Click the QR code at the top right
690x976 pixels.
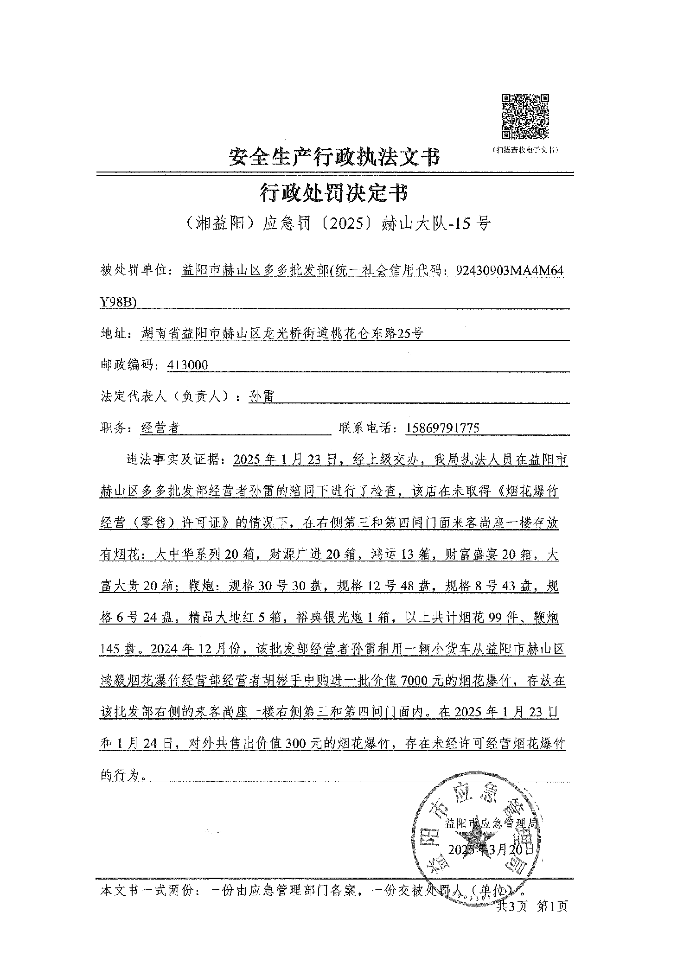pyautogui.click(x=525, y=116)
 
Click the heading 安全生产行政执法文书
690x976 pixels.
pyautogui.click(x=334, y=157)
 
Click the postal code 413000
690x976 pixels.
pyautogui.click(x=188, y=365)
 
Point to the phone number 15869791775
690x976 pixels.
pyautogui.click(x=442, y=427)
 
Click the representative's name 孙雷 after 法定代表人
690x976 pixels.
pyautogui.click(x=262, y=396)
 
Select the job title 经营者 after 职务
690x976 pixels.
pyautogui.click(x=160, y=427)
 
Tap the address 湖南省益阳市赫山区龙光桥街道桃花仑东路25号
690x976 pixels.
pyautogui.click(x=282, y=333)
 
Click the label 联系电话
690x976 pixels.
pyautogui.click(x=366, y=427)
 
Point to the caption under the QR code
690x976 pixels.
pyautogui.click(x=525, y=150)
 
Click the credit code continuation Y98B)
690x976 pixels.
pyautogui.click(x=118, y=302)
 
